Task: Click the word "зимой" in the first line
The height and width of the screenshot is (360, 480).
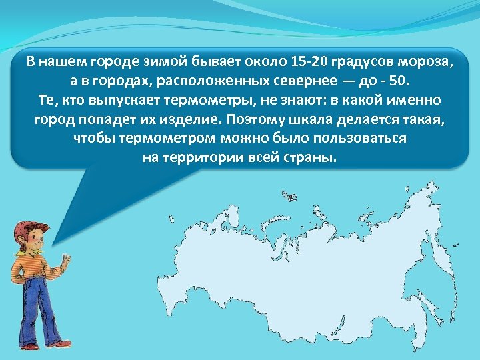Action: point(131,63)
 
